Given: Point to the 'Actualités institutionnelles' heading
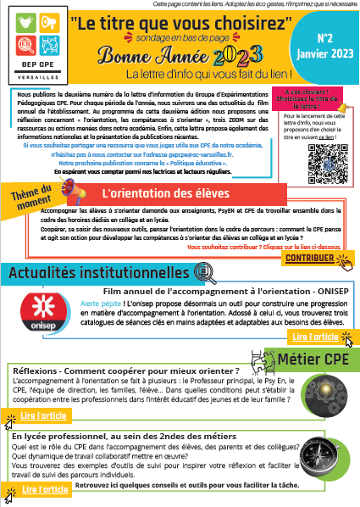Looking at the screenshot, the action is [x=95, y=275].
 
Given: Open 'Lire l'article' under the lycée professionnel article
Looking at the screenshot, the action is [x=44, y=489].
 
